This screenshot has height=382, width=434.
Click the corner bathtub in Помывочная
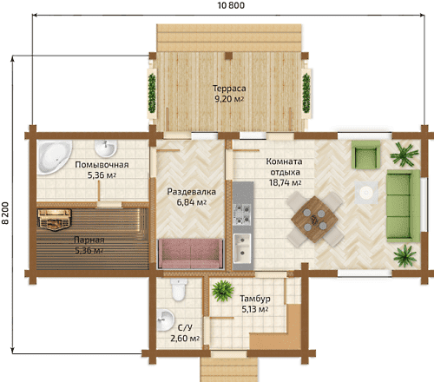[x=51, y=155]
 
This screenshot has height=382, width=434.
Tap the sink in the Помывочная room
[x=106, y=148]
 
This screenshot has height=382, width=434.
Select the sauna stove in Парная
[x=55, y=220]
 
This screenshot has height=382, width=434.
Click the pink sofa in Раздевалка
[x=190, y=254]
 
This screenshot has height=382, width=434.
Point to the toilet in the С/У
[x=178, y=289]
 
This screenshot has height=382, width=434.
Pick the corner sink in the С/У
[x=165, y=319]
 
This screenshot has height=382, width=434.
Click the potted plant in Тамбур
[x=222, y=291]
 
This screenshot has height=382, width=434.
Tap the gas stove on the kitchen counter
[x=242, y=214]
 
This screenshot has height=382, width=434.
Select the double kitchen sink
[x=242, y=248]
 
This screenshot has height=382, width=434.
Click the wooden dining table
[x=314, y=219]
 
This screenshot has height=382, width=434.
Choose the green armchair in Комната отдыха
[x=365, y=155]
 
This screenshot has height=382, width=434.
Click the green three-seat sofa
[x=404, y=206]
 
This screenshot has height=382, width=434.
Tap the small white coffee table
[x=366, y=192]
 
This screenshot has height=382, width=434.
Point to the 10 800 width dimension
[x=231, y=5]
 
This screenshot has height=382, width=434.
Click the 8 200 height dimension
[x=5, y=213]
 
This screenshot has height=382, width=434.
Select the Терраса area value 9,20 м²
[x=229, y=99]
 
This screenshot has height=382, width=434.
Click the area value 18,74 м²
[x=286, y=183]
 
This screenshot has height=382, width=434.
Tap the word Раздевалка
[x=192, y=192]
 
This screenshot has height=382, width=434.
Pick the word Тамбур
[x=255, y=299]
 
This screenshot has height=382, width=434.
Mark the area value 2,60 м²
[x=185, y=339]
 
